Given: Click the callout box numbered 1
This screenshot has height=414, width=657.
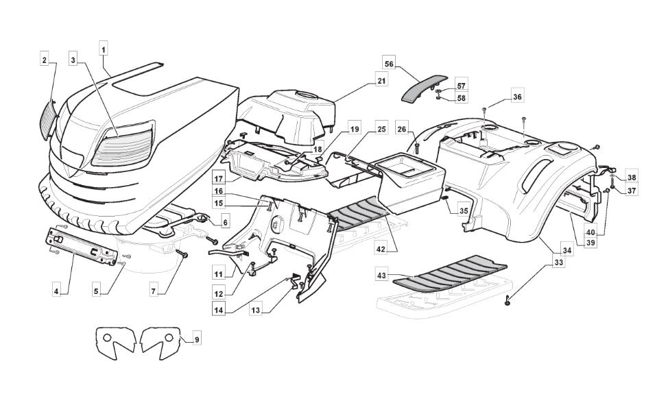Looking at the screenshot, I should tap(104, 49).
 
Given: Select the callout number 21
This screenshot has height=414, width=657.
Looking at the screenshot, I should tap(381, 82).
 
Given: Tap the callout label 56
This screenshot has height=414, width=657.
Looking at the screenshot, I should tap(390, 64).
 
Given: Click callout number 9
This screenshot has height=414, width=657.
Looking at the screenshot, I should tap(197, 339).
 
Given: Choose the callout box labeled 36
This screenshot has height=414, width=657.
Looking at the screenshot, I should tap(517, 97).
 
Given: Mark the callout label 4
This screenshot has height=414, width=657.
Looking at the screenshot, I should tap(56, 291).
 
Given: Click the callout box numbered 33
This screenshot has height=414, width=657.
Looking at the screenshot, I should tap(560, 263).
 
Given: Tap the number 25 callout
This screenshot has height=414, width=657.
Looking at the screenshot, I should tap(381, 128).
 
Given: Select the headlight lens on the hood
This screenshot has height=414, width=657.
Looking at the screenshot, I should tap(125, 146).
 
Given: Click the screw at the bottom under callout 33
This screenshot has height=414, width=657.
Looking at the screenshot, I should tap(507, 301).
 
